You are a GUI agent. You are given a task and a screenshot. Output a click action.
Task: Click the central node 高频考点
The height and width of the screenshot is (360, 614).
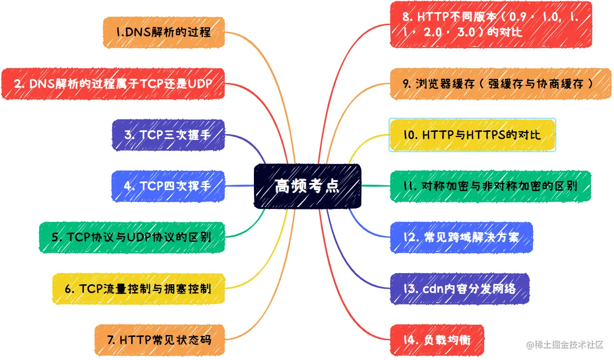click(x=307, y=186)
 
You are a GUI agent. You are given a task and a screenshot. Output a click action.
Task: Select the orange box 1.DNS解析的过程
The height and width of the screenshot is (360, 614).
click(x=164, y=32)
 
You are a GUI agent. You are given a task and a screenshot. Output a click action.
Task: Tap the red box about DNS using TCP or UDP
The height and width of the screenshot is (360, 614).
click(x=113, y=84)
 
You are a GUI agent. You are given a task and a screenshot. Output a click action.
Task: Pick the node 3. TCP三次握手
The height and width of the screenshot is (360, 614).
click(x=168, y=135)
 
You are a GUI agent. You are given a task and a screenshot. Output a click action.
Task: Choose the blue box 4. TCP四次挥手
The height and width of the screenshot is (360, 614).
click(x=168, y=186)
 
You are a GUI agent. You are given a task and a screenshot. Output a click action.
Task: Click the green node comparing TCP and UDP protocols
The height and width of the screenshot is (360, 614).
click(x=131, y=237)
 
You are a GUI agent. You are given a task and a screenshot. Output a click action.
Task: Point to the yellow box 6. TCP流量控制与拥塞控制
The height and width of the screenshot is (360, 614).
click(x=138, y=289)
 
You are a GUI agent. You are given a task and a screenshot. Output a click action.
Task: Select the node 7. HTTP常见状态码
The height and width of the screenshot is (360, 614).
click(x=159, y=340)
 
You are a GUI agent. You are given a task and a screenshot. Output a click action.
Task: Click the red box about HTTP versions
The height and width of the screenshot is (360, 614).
click(x=490, y=25)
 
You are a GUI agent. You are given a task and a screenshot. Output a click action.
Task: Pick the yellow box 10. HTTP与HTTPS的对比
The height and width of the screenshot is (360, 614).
click(x=472, y=135)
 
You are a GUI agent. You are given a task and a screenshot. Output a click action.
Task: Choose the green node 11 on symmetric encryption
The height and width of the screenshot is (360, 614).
click(x=490, y=186)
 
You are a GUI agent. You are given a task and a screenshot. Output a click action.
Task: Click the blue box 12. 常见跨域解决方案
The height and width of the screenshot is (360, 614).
click(x=461, y=237)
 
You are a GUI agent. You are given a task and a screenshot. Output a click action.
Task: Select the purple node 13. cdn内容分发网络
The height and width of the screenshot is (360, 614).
click(x=460, y=289)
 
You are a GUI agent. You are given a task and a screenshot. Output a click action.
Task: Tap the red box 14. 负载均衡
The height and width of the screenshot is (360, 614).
click(x=437, y=340)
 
